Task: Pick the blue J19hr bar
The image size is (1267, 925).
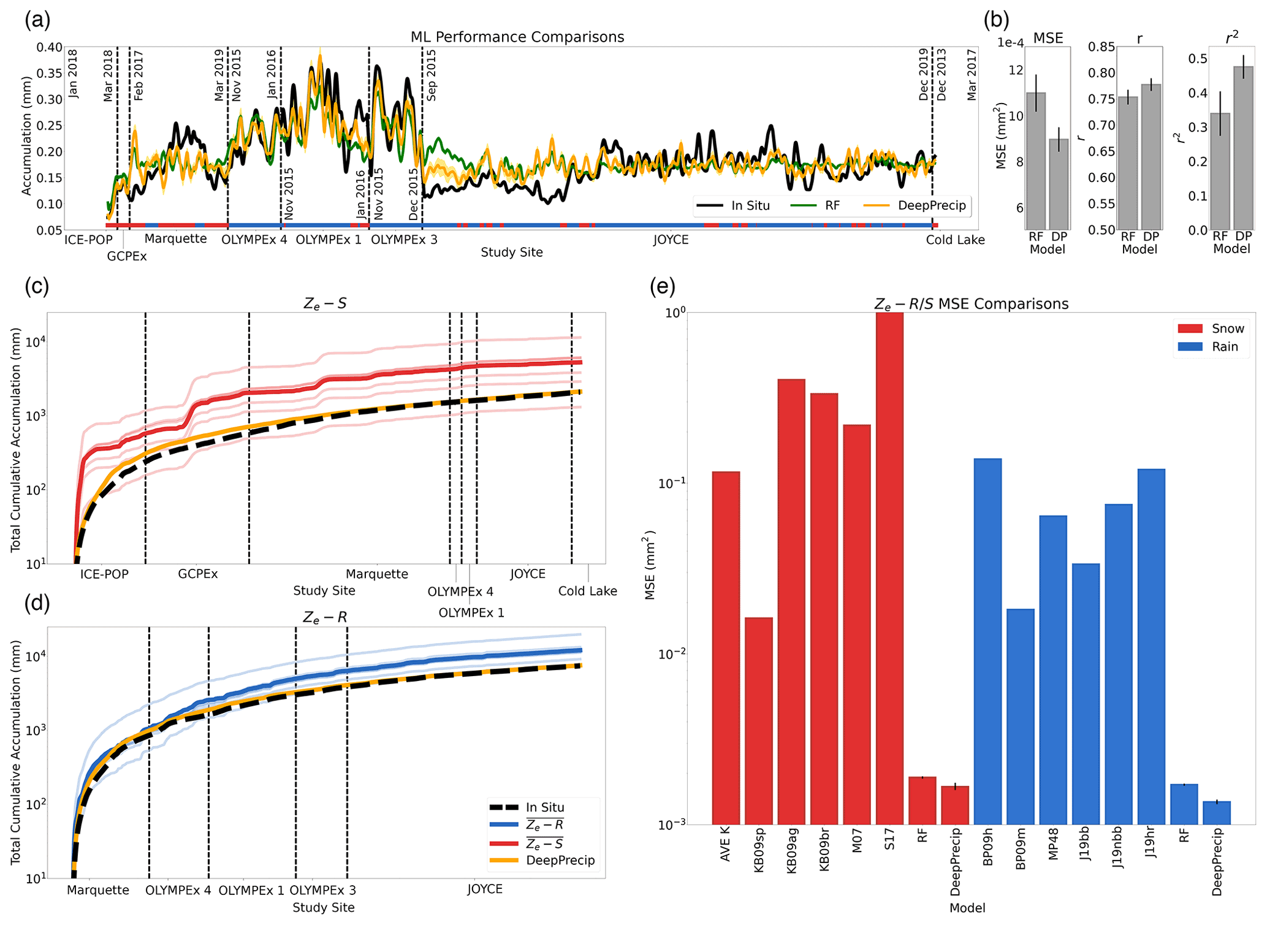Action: (1151, 646)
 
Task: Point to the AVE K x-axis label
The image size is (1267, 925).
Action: (726, 844)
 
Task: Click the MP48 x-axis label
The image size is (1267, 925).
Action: (1053, 844)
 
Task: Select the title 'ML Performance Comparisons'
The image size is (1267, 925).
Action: (517, 37)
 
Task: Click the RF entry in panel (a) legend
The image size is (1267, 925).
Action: (832, 205)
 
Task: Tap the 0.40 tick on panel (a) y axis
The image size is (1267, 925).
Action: (49, 47)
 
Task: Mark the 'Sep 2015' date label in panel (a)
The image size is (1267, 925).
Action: (432, 75)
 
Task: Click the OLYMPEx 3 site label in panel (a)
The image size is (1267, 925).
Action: (404, 240)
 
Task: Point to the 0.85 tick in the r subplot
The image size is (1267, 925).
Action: (1101, 47)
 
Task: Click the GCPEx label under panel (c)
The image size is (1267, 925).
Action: (197, 574)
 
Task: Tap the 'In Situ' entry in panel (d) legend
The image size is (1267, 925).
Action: (544, 807)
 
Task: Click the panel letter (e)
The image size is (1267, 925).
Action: (662, 286)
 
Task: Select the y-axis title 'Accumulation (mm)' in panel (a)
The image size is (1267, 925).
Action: (26, 135)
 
